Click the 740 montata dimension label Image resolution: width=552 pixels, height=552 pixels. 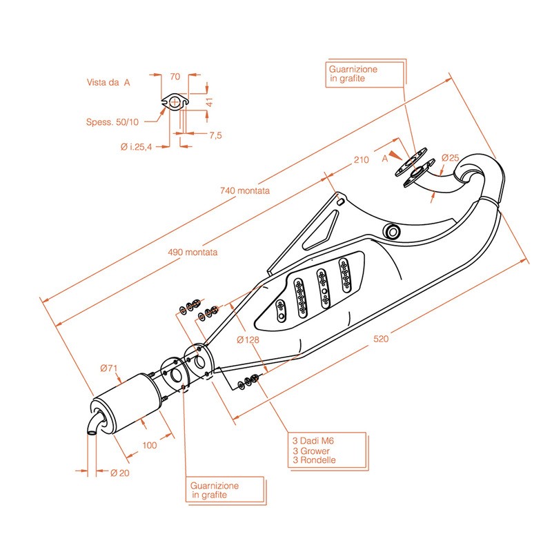coord(244,190)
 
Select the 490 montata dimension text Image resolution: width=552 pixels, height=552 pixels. coord(193,253)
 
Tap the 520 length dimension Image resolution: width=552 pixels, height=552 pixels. coord(381,338)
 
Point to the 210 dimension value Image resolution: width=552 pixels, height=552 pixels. coord(361,160)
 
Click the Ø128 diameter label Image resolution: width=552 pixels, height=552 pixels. coord(247,339)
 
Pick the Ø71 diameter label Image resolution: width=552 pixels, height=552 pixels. coord(109,368)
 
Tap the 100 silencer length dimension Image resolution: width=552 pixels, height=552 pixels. coord(150,445)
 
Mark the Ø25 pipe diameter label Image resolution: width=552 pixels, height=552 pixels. coord(450,157)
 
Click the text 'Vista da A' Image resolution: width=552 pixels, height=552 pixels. coord(108,82)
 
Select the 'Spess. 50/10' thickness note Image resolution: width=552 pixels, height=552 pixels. coord(112,122)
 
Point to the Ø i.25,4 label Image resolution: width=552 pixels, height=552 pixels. coord(135,146)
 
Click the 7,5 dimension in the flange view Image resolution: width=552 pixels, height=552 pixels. coord(215,135)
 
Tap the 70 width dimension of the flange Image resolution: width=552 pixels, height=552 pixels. coord(175,77)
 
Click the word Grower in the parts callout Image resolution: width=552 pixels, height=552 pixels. coord(315,451)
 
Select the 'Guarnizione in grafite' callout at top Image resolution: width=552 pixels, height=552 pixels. coord(353,75)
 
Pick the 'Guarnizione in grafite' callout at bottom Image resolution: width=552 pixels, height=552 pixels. coord(216,491)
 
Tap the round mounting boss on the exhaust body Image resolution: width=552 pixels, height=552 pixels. coord(393,230)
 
